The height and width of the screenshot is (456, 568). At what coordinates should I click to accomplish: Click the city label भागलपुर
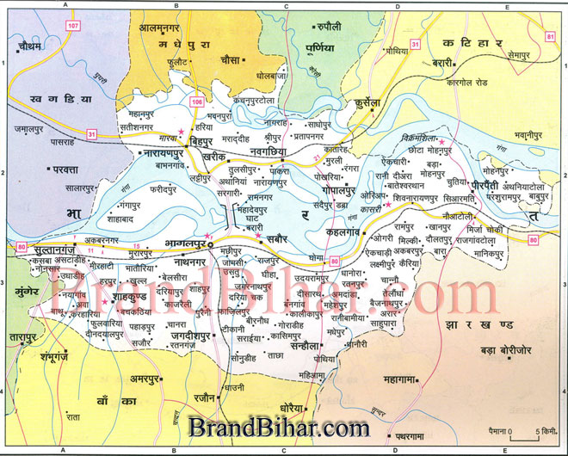(x=185, y=245)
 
